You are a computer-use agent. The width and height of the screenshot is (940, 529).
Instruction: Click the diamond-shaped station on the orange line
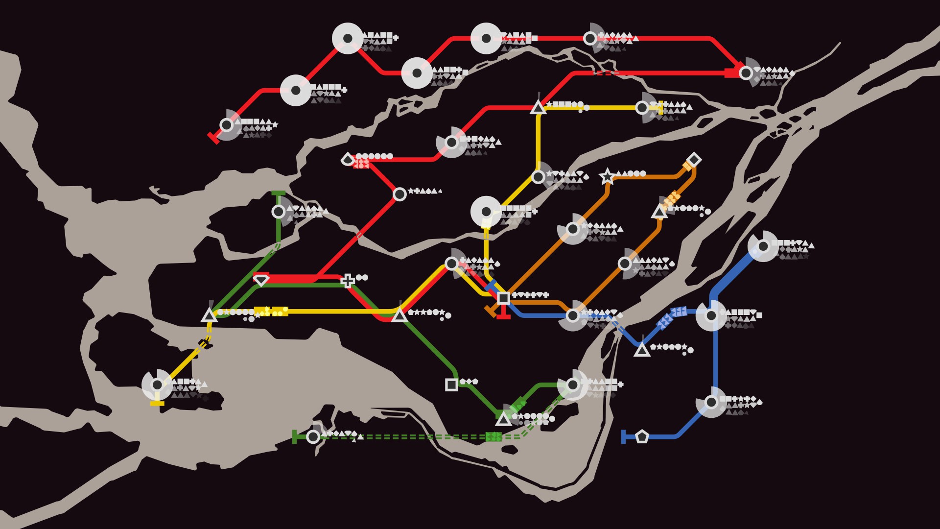click(693, 160)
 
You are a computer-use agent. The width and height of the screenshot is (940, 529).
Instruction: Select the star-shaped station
click(607, 176)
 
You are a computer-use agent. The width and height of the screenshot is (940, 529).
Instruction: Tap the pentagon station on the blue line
click(642, 436)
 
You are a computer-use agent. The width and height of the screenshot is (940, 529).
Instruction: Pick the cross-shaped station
click(348, 281)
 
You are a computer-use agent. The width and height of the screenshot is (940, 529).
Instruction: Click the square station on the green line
click(451, 385)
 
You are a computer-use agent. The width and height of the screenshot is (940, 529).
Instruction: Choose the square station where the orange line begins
click(503, 297)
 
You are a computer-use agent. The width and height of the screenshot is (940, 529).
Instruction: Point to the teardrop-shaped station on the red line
click(348, 159)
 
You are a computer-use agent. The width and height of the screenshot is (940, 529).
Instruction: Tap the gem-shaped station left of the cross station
click(261, 280)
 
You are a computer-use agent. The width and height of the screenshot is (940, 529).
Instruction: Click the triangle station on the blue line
click(642, 350)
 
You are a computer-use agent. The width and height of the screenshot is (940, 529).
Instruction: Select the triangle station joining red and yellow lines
click(538, 108)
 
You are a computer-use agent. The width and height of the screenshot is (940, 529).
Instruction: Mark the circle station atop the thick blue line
click(763, 246)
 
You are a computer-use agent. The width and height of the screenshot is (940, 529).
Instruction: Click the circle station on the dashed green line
click(313, 436)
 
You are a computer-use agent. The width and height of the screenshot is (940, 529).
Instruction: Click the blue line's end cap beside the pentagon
click(623, 436)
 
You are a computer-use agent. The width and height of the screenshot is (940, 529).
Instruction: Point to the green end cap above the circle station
click(278, 193)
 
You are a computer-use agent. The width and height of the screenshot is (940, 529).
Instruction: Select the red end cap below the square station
click(503, 316)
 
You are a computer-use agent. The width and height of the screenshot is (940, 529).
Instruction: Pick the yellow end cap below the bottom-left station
click(157, 403)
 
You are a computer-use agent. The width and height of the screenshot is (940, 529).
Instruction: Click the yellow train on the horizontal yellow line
click(271, 311)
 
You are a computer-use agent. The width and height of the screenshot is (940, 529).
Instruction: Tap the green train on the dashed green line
click(493, 436)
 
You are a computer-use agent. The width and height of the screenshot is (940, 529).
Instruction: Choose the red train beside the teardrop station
click(361, 164)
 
